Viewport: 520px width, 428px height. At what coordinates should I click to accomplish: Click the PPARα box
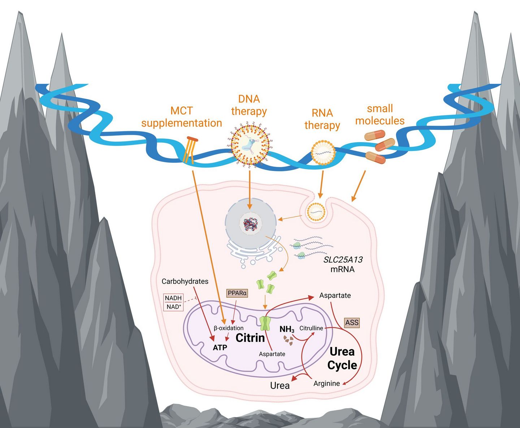[237, 293]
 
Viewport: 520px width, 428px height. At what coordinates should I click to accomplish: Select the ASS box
[352, 322]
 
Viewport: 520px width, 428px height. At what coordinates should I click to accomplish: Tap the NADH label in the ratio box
[173, 298]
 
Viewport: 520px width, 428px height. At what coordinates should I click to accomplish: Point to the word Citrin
[250, 338]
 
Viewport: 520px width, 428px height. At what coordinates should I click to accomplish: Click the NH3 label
[287, 329]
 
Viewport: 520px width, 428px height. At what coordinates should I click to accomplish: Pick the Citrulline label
[311, 328]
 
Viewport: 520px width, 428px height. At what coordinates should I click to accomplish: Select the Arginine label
[326, 384]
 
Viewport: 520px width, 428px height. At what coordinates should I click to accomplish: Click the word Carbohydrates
[185, 281]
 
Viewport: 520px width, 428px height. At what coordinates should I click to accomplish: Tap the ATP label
[220, 347]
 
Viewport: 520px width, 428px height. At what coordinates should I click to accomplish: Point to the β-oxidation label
[229, 328]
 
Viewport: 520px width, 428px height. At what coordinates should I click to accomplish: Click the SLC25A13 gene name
[343, 260]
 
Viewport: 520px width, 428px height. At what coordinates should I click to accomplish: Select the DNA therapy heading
[249, 105]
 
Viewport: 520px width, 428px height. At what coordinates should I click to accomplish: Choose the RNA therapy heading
[322, 119]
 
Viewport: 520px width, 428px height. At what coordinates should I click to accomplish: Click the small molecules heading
[380, 115]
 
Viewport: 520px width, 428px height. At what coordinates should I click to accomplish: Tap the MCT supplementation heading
[182, 117]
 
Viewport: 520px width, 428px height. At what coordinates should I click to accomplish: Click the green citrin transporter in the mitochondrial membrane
[265, 323]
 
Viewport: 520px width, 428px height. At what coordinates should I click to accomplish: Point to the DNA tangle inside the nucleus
[251, 224]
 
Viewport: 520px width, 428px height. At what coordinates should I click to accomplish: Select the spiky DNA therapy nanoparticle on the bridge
[250, 145]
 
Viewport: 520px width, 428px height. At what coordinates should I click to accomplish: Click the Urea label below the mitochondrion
[280, 386]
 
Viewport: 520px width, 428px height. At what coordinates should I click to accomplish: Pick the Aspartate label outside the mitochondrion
[335, 295]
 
